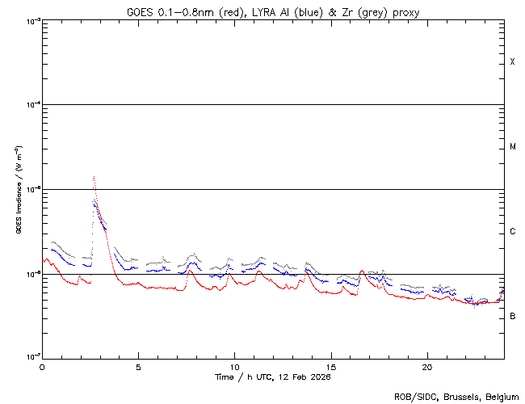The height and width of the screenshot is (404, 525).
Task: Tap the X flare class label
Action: (513, 62)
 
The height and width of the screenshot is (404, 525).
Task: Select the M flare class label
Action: (513, 147)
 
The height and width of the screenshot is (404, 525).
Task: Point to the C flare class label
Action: (513, 232)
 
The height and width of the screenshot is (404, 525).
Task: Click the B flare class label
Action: (513, 316)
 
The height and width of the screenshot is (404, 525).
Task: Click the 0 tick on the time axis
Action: (42, 366)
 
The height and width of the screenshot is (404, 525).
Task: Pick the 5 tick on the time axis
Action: (138, 366)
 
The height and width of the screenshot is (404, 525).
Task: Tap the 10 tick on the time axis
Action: (234, 366)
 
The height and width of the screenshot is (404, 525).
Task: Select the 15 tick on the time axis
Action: (330, 366)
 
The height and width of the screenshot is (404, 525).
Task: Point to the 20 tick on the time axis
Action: (426, 366)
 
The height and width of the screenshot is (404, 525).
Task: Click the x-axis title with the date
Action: (273, 377)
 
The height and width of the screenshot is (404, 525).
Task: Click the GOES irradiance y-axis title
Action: (18, 190)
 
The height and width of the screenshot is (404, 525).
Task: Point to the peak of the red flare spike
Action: (94, 176)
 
